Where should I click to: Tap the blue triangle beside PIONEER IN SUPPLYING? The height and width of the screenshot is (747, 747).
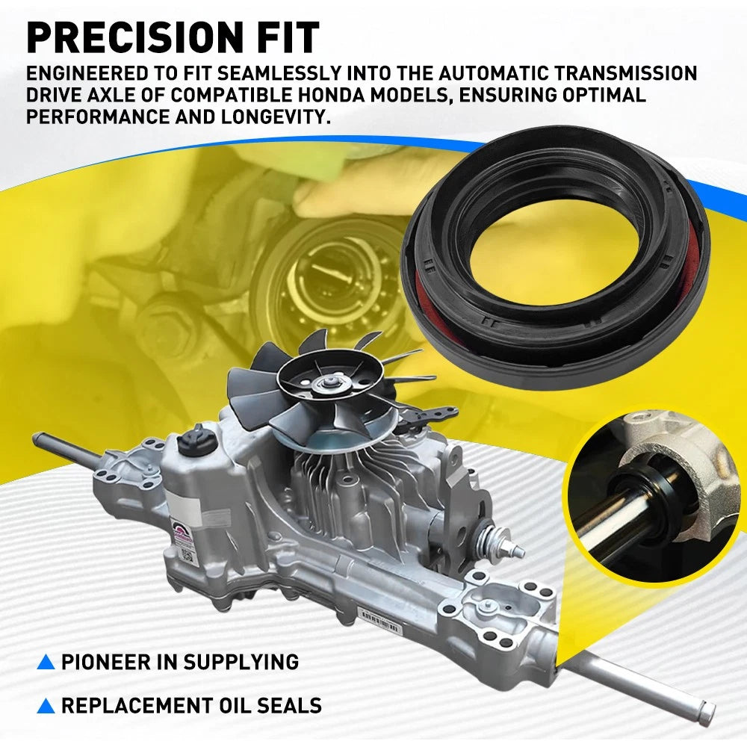(x=46, y=662)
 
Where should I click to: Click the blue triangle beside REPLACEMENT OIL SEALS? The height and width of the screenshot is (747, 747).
(x=46, y=705)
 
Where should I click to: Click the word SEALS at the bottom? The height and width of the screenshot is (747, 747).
(x=289, y=705)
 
